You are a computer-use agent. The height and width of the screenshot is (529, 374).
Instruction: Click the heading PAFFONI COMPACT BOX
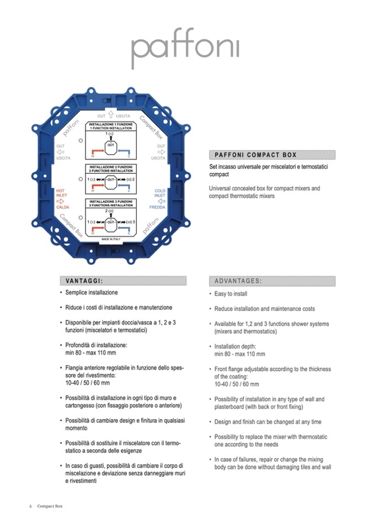pyautogui.click(x=255, y=154)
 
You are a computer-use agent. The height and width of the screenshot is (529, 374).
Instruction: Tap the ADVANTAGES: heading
pyautogui.click(x=238, y=281)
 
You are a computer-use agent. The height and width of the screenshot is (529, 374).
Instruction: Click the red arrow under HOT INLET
pyautogui.click(x=60, y=201)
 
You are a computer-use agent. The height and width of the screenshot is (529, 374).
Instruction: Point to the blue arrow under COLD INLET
pyautogui.click(x=159, y=201)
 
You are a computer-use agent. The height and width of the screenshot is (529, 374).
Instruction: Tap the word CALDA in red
pyautogui.click(x=62, y=207)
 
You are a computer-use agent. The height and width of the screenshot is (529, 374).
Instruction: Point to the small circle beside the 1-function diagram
pyautogui.click(x=81, y=141)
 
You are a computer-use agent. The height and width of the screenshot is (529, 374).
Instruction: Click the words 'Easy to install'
pyautogui.click(x=231, y=294)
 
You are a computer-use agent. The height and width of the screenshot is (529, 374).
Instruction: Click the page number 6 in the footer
pyautogui.click(x=30, y=506)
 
